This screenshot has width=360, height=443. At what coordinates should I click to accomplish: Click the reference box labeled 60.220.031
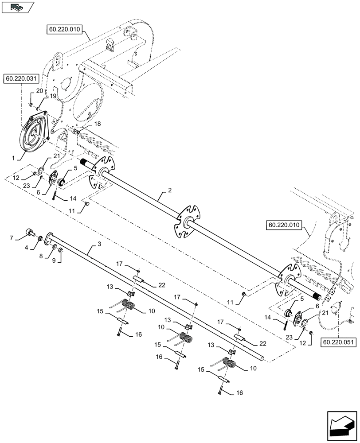point(22,79)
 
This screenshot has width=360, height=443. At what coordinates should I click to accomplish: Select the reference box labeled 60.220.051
point(336,342)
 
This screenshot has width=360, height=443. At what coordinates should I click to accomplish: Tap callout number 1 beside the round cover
point(13,157)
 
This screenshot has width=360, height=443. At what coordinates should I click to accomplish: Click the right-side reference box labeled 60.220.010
point(283,225)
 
